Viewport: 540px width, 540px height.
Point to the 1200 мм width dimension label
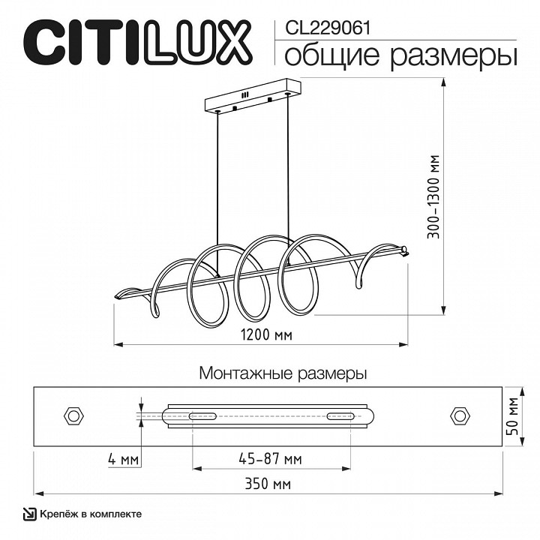tap(266, 334)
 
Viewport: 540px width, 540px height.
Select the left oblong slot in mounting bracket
tap(202, 415)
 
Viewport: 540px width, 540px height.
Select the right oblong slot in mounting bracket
tap(339, 415)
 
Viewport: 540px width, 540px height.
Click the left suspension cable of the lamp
tap(218, 187)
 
